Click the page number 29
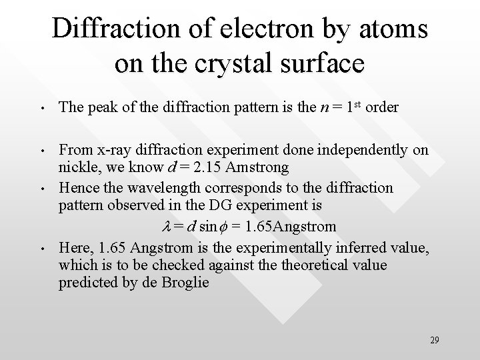click(434, 341)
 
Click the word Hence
click(77, 188)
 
